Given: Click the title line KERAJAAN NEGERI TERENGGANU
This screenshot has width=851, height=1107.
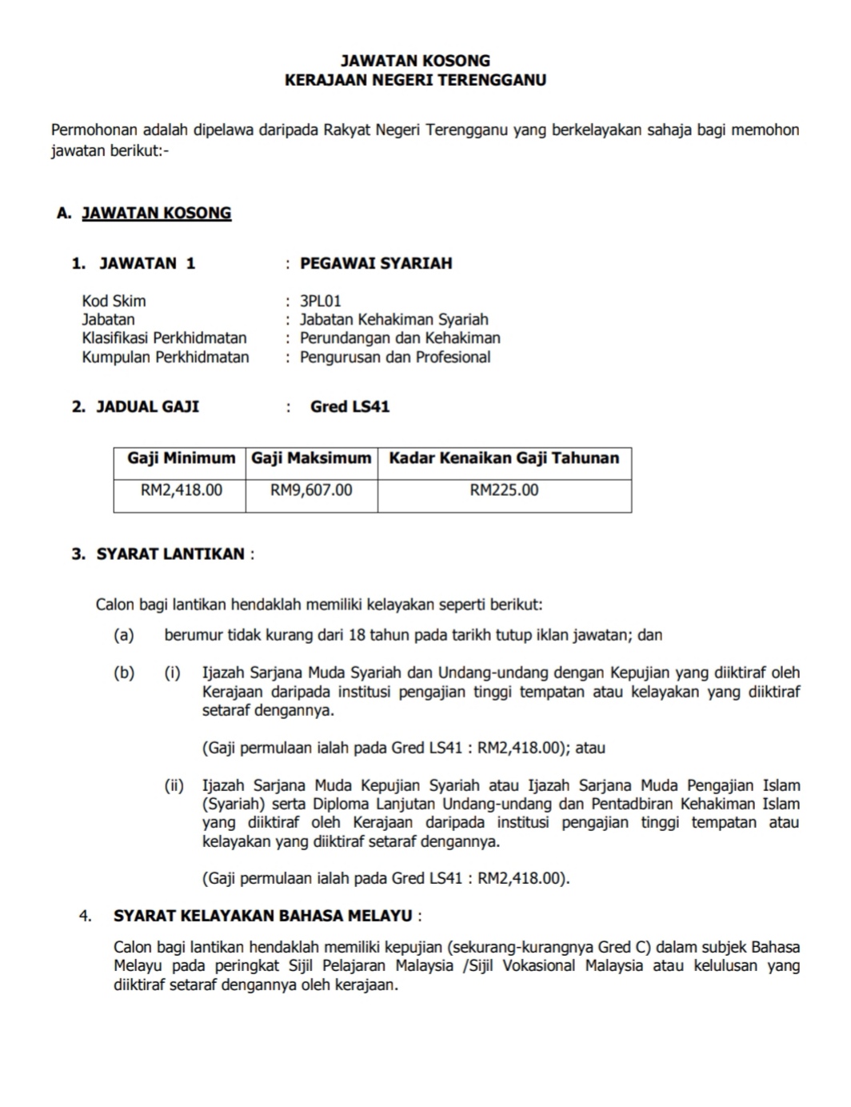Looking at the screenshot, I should coord(415,80).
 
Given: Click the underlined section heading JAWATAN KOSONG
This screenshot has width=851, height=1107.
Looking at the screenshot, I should coord(157,213).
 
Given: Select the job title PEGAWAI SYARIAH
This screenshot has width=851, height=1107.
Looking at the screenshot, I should coord(376,263).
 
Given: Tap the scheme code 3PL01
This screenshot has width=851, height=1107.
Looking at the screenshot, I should coord(320,301).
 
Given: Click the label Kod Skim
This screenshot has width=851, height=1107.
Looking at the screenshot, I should coord(114,301).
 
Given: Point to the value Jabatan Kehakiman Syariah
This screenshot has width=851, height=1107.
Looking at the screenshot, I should coord(394,319).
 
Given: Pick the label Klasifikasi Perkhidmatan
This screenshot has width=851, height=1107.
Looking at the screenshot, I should coord(164,338).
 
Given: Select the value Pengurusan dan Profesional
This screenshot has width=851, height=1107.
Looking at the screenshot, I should coord(395,357).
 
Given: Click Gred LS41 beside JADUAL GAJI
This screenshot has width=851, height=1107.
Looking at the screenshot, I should coord(350,406).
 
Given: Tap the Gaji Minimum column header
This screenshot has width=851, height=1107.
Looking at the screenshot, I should coord(181,458).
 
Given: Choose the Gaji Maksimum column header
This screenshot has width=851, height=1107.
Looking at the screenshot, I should coord(311,458).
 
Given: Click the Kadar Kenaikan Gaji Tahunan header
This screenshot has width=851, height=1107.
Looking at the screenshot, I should coord(504,458).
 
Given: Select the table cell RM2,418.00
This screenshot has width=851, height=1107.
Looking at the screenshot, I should coord(181,490).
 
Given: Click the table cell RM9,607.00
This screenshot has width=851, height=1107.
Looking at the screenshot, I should coord(311,490).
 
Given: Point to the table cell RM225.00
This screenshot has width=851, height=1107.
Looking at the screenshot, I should coord(504,490).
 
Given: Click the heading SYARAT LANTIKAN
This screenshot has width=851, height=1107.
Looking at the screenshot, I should coord(170,553).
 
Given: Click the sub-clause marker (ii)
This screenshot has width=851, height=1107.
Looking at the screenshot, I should coord(174,785).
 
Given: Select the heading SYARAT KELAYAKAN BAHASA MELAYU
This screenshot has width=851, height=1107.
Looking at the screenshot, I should coord(263,915).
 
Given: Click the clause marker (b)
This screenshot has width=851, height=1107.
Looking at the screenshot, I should coord(124,673).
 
